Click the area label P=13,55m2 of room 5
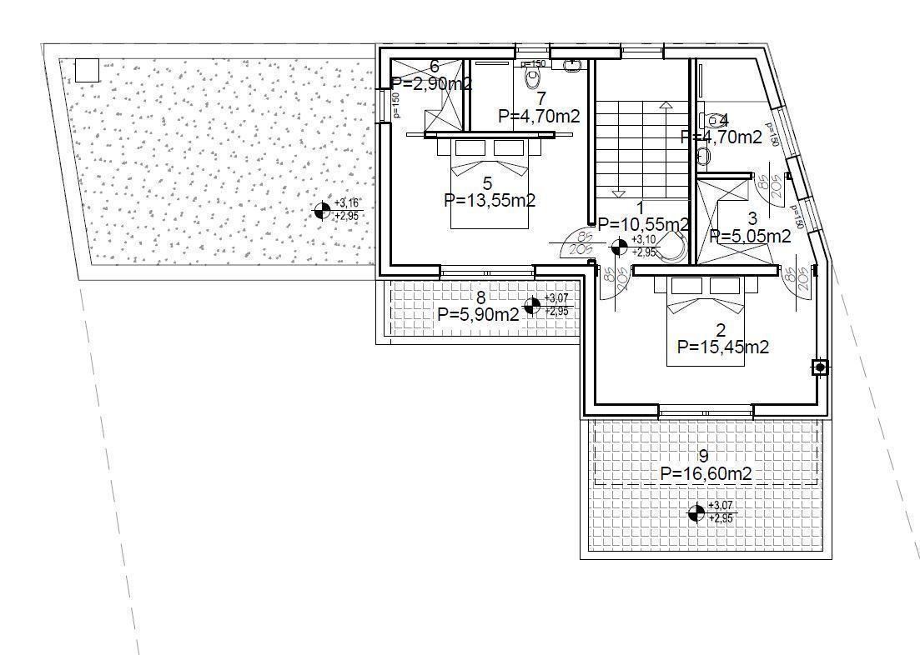point(490,200)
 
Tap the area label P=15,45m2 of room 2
point(723,347)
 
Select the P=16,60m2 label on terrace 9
point(706,473)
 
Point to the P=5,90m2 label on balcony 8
point(478,313)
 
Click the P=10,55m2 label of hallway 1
point(643,224)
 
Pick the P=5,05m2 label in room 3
point(750,237)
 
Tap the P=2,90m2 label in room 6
point(431,83)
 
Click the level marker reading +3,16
point(321,211)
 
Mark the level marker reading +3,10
point(619,246)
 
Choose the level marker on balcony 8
point(531,305)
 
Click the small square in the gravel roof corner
point(87,70)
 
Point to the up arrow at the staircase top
point(665,106)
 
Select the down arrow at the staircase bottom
point(618,192)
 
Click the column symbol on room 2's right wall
point(820,367)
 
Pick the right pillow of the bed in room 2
point(724,286)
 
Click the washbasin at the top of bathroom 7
point(573,63)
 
